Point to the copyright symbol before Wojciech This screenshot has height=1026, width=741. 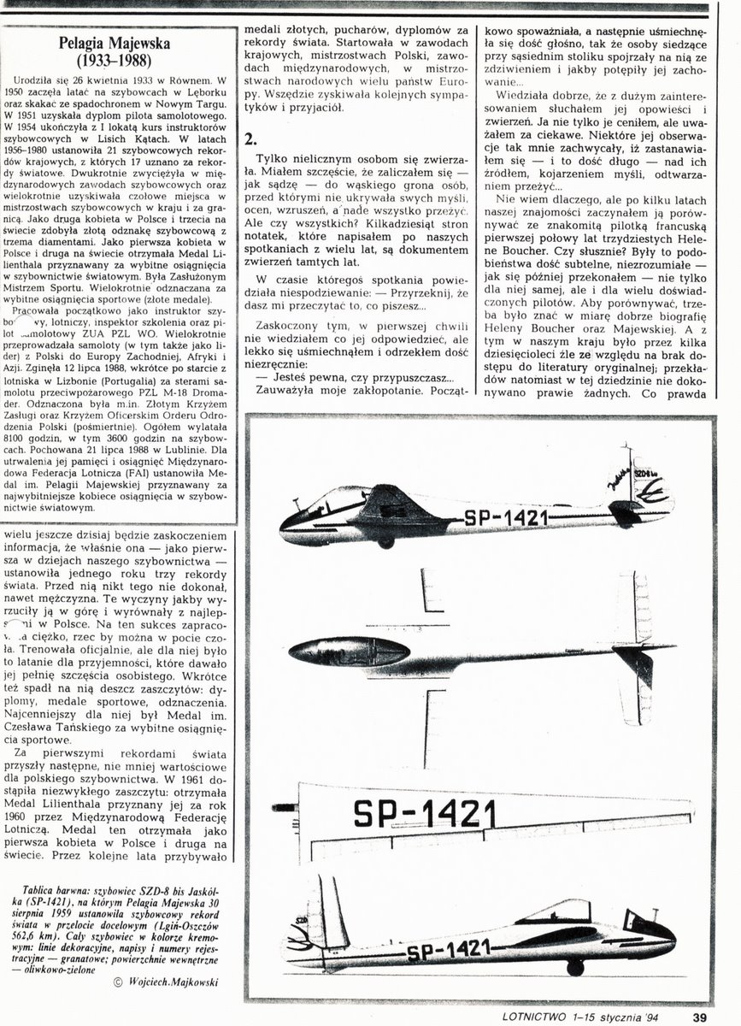(117, 982)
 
